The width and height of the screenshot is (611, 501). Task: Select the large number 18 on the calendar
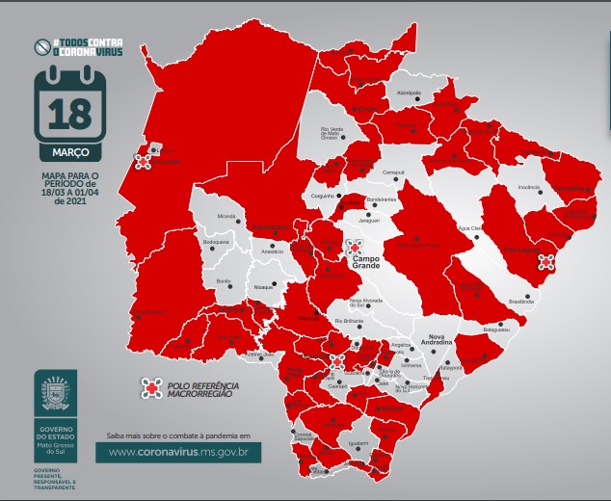click(69, 114)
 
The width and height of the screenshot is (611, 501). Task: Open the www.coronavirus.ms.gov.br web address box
click(179, 450)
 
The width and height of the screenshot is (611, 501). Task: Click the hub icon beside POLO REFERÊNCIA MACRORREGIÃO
click(149, 386)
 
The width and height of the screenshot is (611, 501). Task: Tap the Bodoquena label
click(216, 242)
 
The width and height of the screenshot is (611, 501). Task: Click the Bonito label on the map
click(223, 280)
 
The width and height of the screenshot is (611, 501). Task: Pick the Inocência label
click(529, 187)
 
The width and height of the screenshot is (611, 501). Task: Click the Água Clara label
click(468, 228)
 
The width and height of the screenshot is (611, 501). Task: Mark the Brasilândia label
click(520, 302)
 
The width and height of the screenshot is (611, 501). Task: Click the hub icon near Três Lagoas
click(546, 261)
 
